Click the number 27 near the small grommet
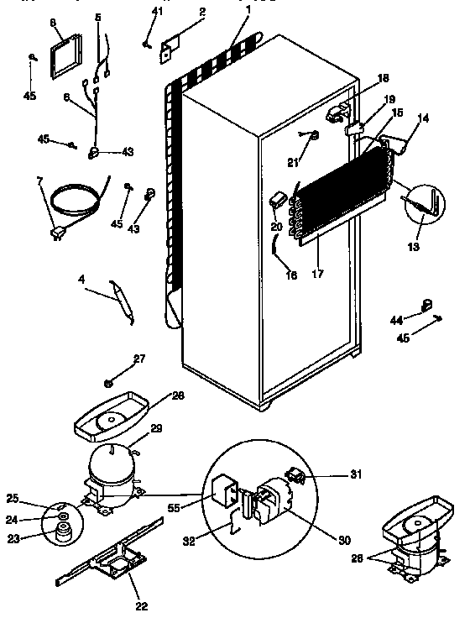(x=138, y=359)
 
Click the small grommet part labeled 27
(x=109, y=383)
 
